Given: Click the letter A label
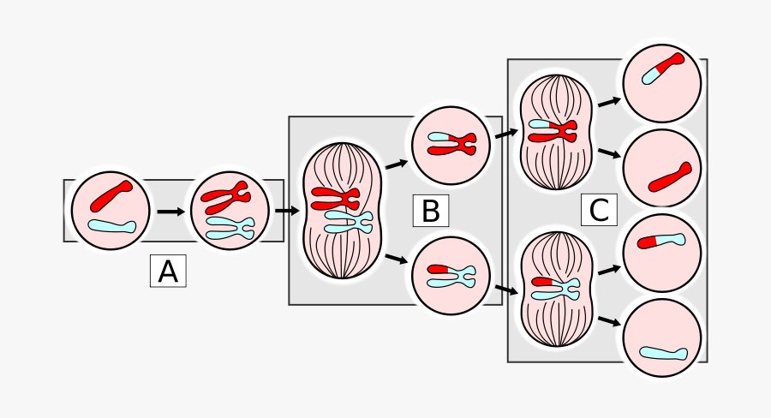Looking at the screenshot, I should point(168,272).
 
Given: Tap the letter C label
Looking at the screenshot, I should point(599,210).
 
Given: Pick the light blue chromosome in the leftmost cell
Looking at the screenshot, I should point(111,226).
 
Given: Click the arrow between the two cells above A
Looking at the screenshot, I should point(170,211).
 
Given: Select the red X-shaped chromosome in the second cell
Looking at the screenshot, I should point(226,199).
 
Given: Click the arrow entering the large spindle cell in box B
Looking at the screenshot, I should point(285,210).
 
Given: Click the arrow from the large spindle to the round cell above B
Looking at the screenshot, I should point(395,163).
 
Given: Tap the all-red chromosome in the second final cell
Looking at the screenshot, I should point(669,176).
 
